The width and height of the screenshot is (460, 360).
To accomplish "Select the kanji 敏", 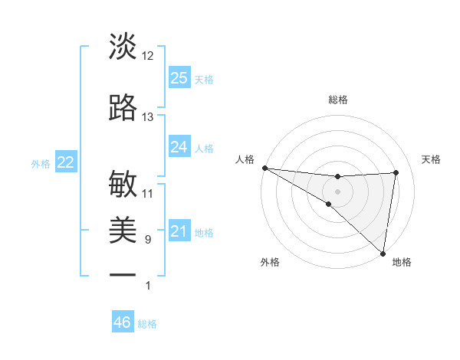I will tap(123, 184).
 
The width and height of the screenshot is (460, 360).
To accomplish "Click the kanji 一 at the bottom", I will tap(123, 275).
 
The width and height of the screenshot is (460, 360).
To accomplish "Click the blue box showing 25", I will tap(179, 77).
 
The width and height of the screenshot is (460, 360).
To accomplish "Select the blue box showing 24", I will tap(179, 146).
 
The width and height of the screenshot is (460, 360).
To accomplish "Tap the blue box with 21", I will tap(179, 231).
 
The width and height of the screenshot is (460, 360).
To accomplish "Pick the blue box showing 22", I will tap(65, 162).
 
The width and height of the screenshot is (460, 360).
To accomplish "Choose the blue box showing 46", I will tap(122, 322).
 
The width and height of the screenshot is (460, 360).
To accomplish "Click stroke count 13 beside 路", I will tap(148, 116).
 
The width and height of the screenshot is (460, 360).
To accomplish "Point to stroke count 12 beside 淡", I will tap(148, 55).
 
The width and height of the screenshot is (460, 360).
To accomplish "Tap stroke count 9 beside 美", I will tap(147, 240).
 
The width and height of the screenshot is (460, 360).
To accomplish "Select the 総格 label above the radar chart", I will tap(338, 100).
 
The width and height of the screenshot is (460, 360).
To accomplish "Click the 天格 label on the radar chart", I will tap(431, 159).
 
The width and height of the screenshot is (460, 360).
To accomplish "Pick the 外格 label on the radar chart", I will tap(270, 262).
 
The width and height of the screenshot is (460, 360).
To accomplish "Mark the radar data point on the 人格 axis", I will tap(264, 168).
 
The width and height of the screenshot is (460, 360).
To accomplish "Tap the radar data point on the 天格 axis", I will tap(396, 172).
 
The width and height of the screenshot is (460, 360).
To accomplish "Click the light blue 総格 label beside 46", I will tap(147, 324).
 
